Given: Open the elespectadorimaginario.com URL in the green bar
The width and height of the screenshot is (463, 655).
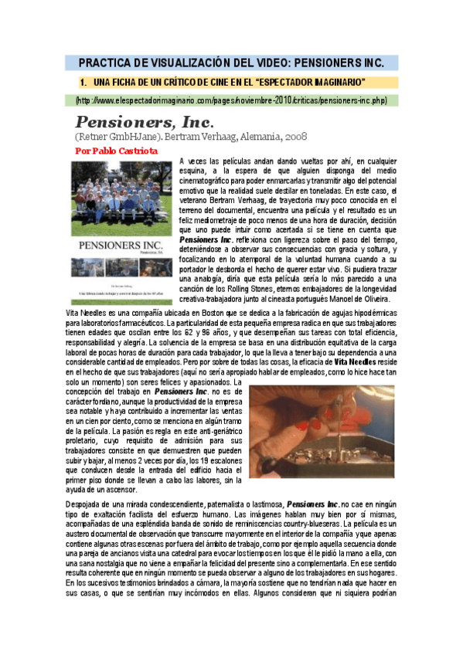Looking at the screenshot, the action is point(231,101).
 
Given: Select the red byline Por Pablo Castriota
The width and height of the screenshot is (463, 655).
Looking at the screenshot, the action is point(117,151).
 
